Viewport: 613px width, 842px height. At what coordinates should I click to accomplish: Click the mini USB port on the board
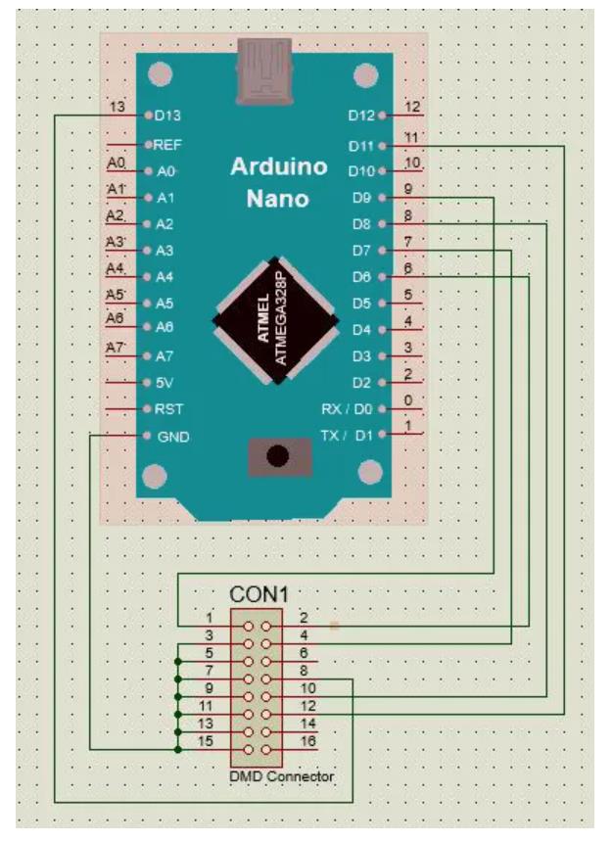[264, 70]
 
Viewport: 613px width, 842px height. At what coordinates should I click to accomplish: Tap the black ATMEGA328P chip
[275, 320]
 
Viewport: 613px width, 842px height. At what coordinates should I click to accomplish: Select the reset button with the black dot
[279, 457]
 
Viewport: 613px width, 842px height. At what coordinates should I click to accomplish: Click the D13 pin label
[167, 116]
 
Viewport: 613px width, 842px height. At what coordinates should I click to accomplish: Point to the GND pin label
[173, 437]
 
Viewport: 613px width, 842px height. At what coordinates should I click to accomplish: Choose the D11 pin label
[361, 146]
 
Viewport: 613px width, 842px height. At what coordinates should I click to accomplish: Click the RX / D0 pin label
[347, 409]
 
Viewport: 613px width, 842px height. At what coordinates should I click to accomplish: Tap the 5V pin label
[165, 383]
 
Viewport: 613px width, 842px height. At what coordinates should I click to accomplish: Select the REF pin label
[167, 145]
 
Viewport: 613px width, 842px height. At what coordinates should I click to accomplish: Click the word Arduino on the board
[279, 167]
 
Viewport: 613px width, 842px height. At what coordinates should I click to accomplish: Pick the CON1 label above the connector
[259, 594]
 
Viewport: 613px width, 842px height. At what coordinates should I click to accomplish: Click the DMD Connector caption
[281, 776]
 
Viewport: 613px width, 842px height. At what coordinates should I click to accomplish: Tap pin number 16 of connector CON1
[307, 741]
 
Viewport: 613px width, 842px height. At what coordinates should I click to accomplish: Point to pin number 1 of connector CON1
[210, 618]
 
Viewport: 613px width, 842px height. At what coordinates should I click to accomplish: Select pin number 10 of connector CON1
[307, 688]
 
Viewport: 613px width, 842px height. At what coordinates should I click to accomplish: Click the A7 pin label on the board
[165, 356]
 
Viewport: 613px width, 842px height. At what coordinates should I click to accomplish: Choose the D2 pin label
[361, 383]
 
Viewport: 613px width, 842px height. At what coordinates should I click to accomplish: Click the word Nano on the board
[278, 199]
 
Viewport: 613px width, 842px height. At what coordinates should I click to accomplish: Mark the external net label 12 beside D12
[412, 107]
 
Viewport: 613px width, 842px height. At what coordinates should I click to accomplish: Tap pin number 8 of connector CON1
[304, 671]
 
